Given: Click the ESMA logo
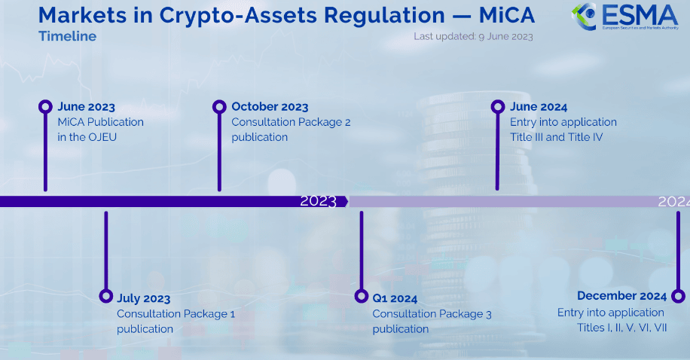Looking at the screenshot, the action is [x=625, y=17].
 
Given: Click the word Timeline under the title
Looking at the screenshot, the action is [x=67, y=36].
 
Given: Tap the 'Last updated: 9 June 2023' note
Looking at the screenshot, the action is [x=473, y=37].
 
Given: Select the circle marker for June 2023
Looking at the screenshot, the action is [x=45, y=106].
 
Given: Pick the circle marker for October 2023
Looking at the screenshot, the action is [x=219, y=106].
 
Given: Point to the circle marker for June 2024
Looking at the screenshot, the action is [x=498, y=106].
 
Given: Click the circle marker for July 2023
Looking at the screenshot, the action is [x=105, y=296].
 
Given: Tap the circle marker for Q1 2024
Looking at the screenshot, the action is [x=362, y=296].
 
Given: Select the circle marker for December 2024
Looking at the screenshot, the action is [x=678, y=296].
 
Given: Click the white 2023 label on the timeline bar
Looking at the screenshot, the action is [x=318, y=202].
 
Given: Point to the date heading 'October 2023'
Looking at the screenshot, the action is [x=270, y=107].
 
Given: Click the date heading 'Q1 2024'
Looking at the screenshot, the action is [x=395, y=298].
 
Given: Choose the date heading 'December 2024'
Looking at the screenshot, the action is [x=621, y=296].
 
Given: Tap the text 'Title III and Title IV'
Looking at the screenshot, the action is [x=556, y=137].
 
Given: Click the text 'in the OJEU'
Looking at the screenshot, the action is [x=87, y=137].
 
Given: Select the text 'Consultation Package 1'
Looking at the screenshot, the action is [x=176, y=314].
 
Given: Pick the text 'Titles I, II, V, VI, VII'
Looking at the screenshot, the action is [x=621, y=328].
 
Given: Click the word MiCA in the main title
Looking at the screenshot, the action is [x=506, y=15].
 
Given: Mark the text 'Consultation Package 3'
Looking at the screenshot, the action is [x=432, y=314].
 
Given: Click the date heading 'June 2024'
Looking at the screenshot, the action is [x=539, y=107].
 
